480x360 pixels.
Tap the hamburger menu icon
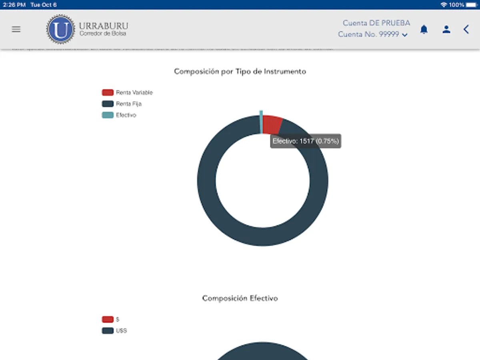16,29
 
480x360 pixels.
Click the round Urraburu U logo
60,29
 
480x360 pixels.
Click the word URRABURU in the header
104,26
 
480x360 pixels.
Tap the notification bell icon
424,29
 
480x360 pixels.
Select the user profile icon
446,29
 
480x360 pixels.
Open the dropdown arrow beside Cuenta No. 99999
405,35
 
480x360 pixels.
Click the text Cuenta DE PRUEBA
376,23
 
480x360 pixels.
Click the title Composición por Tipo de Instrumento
240,72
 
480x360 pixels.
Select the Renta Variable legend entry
127,93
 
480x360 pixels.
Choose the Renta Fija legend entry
122,104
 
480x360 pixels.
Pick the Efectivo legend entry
119,115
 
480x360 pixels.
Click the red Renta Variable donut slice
272,124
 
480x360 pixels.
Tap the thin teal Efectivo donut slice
261,122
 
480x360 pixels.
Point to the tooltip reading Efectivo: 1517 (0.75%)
306,141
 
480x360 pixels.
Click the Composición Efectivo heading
240,298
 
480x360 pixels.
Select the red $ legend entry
110,320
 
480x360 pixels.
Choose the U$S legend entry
114,331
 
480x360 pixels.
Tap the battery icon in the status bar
470,5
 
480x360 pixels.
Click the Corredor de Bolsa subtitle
103,34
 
